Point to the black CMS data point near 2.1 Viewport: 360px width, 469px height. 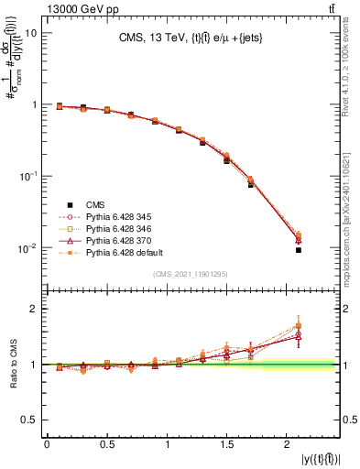[x=299, y=249]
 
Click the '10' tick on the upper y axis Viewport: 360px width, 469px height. [x=30, y=33]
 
